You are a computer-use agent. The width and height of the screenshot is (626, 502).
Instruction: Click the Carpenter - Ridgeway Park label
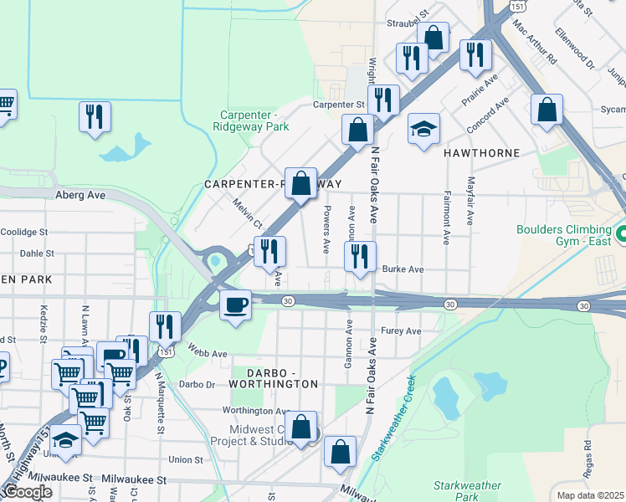254,120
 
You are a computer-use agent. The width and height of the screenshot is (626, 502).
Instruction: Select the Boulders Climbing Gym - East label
564,236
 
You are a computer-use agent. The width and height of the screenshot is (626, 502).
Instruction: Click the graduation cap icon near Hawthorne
424,130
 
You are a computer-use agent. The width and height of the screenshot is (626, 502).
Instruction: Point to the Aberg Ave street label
80,194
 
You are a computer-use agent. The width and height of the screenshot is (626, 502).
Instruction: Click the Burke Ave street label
403,269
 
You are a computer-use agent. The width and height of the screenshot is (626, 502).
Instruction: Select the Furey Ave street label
401,331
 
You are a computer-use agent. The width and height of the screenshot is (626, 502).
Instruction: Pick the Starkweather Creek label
393,424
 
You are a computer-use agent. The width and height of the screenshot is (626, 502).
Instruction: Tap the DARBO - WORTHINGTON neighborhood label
270,376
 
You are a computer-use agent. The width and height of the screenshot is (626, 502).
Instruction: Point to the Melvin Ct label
248,215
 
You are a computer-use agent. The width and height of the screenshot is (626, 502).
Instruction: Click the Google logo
27,492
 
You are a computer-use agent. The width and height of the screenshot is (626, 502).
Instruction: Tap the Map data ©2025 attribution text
590,495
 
